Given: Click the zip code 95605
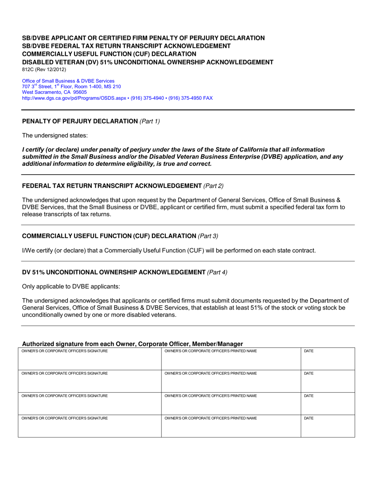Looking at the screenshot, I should [80, 92].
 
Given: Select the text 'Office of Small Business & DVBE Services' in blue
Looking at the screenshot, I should [68, 81].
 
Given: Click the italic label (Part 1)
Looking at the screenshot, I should [150, 121].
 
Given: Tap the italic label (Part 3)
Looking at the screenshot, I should [208, 236].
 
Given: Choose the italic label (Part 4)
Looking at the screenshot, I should [217, 272].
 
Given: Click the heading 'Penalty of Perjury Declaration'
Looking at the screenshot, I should [80, 121].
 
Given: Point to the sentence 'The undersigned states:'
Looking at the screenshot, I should [55, 135].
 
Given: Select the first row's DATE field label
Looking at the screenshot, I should [308, 351].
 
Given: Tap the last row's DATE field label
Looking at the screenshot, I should [308, 418].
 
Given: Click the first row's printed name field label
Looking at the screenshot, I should [210, 351].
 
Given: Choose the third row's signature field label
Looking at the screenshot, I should [65, 396].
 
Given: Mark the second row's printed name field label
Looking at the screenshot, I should [210, 373].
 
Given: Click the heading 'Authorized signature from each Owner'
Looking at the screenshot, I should [133, 344].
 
